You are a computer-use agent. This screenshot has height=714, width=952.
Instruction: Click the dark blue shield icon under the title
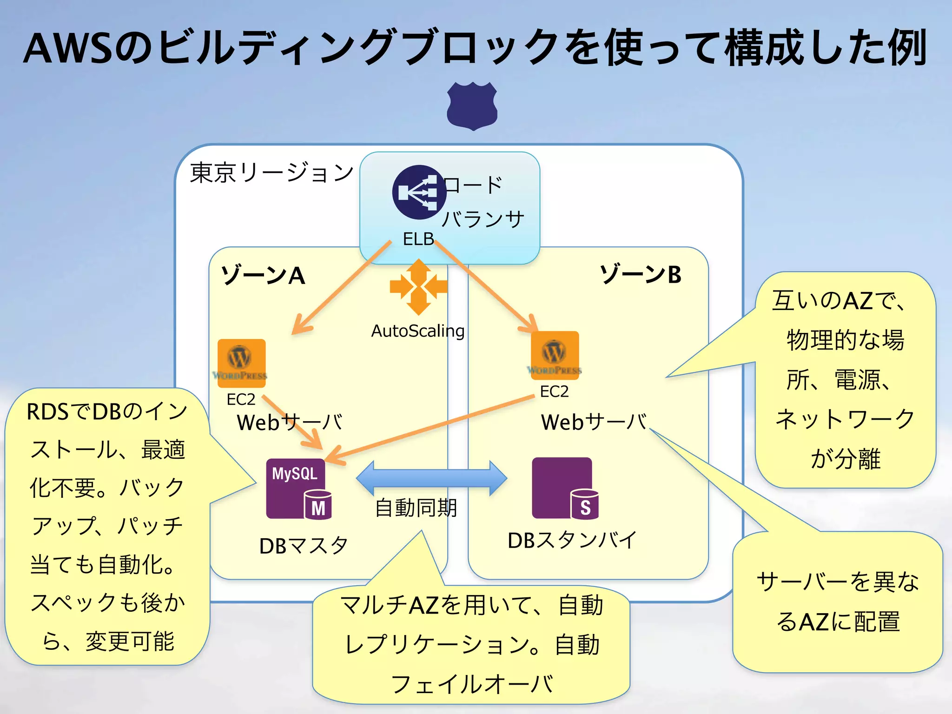pyautogui.click(x=472, y=106)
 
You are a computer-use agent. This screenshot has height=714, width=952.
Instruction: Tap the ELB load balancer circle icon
pyautogui.click(x=418, y=192)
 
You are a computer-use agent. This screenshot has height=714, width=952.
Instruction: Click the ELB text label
pyautogui.click(x=418, y=239)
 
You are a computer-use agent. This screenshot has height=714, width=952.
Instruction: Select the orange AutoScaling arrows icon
pyautogui.click(x=418, y=287)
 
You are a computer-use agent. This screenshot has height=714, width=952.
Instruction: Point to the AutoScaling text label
pyautogui.click(x=417, y=331)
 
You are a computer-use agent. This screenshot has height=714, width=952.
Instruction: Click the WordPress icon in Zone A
pyautogui.click(x=241, y=363)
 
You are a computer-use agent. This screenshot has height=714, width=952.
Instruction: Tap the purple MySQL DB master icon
pyautogui.click(x=298, y=489)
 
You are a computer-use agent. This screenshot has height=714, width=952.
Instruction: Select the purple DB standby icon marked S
pyautogui.click(x=564, y=488)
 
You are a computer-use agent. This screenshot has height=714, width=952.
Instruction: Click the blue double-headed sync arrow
pyautogui.click(x=431, y=478)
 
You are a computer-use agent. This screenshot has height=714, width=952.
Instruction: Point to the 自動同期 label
pyautogui.click(x=416, y=508)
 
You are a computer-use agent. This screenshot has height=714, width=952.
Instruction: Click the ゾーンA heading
pyautogui.click(x=263, y=275)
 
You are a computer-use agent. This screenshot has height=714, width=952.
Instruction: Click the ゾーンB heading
pyautogui.click(x=641, y=274)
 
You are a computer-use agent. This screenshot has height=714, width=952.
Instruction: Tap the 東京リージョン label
pyautogui.click(x=272, y=173)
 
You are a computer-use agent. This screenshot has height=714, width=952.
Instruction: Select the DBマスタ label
pyautogui.click(x=304, y=546)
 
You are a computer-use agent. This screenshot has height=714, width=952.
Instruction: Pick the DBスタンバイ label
pyautogui.click(x=572, y=540)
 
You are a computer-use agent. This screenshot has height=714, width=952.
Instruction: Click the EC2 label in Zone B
pyautogui.click(x=554, y=391)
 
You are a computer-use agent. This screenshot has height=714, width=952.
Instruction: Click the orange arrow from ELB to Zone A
pyautogui.click(x=342, y=288)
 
